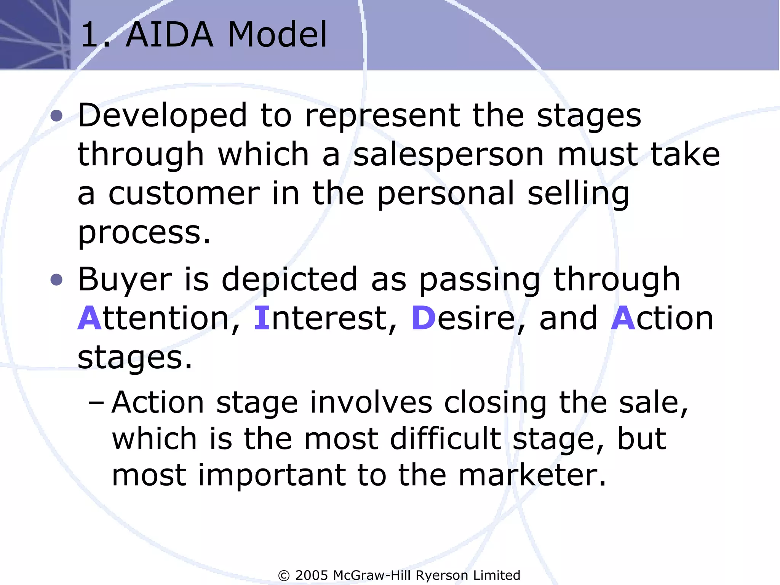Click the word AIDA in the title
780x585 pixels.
pos(169,35)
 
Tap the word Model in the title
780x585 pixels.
pos(277,35)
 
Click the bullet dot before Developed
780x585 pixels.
pos(56,116)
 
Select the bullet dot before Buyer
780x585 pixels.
pos(56,280)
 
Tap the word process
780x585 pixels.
pos(144,233)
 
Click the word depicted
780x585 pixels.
pos(290,280)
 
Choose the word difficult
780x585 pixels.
pos(445,439)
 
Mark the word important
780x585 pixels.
pos(272,476)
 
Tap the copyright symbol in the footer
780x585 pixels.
pos(284,575)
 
